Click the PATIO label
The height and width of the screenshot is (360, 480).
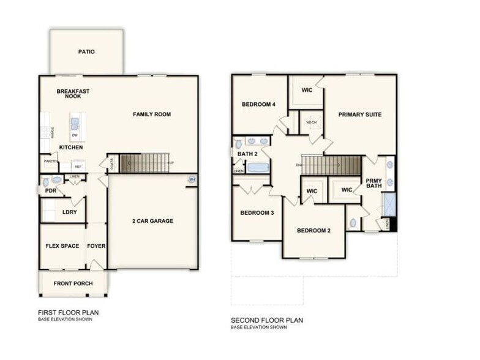coord(86,52)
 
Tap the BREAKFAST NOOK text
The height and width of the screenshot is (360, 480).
coord(73,94)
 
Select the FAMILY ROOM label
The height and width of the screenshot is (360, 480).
coord(152,114)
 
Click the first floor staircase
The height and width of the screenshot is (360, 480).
coord(145,163)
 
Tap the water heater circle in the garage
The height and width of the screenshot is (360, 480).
coord(192,179)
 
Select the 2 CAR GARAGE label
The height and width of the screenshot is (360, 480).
coord(152,221)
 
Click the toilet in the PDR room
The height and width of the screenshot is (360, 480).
coord(56,181)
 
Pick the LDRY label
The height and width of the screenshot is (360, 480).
coord(69,212)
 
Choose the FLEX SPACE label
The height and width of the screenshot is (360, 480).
coord(62,246)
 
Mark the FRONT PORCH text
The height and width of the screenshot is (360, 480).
coord(73,283)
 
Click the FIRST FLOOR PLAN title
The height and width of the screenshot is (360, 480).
coord(68,312)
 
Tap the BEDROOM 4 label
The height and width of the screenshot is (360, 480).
coord(258,104)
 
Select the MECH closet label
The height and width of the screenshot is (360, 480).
coord(311,122)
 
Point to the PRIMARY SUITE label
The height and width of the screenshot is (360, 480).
coord(361,114)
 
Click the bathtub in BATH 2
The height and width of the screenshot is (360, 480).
coord(257,167)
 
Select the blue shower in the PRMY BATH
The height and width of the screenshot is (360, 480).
coord(389,204)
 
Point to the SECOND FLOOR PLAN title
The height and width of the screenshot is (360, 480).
coord(266,320)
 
